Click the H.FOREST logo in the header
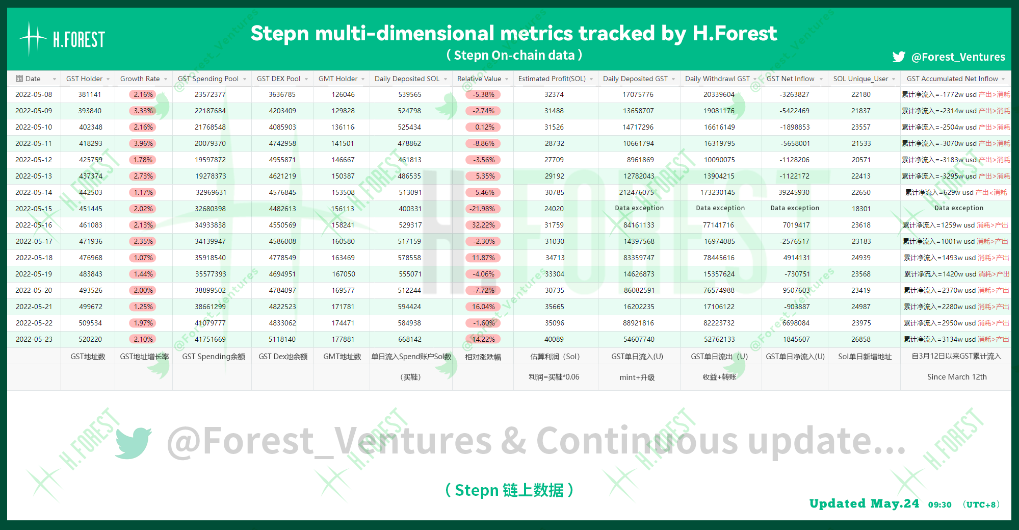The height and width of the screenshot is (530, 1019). click(x=62, y=39)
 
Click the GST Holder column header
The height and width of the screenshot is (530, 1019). click(x=84, y=79)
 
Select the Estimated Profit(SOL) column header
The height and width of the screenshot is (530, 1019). click(x=552, y=79)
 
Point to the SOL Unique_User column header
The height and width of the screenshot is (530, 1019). click(x=860, y=79)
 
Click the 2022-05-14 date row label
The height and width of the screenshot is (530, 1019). click(x=34, y=192)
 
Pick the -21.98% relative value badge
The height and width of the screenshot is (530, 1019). click(x=483, y=209)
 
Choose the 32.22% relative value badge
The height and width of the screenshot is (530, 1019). click(x=483, y=225)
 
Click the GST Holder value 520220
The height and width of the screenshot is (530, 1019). click(x=90, y=339)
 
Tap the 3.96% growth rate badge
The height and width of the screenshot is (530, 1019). click(x=143, y=143)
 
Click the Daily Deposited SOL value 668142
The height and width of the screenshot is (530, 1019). click(x=410, y=339)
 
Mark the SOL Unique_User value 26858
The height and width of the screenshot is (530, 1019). click(x=860, y=339)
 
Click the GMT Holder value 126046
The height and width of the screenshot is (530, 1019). click(x=343, y=94)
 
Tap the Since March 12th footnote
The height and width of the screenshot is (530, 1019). click(x=957, y=377)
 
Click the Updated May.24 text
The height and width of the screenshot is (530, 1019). click(x=864, y=503)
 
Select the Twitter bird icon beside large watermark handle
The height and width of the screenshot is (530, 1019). click(x=133, y=442)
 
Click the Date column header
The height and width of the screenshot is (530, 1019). click(x=33, y=79)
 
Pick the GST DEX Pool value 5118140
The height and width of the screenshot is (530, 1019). click(x=282, y=339)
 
